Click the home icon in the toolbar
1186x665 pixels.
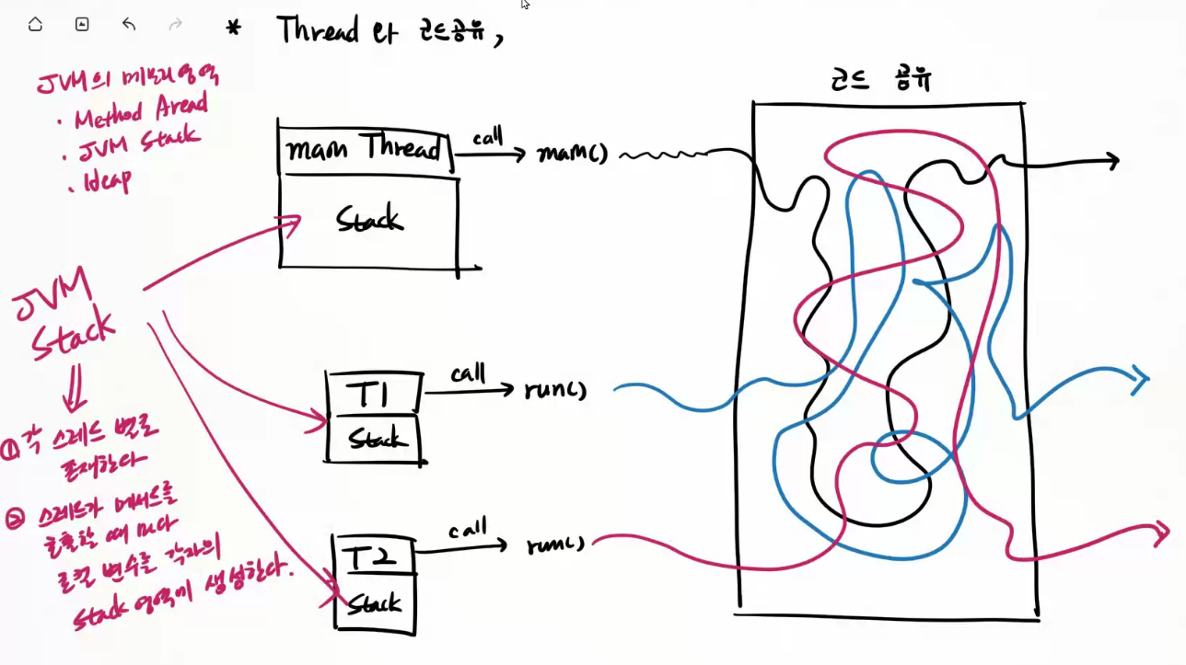click(x=35, y=25)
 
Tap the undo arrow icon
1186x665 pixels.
click(x=128, y=25)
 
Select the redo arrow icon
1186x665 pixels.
click(x=175, y=25)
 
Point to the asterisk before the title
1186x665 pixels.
click(x=234, y=29)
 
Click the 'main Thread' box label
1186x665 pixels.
click(x=366, y=148)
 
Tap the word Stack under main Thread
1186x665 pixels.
click(x=369, y=220)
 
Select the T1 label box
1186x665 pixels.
click(x=375, y=396)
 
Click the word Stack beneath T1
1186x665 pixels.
click(x=378, y=438)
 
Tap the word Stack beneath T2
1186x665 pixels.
click(x=374, y=603)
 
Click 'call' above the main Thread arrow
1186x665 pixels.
click(x=487, y=139)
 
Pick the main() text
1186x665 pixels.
click(x=572, y=154)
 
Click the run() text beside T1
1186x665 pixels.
click(x=554, y=389)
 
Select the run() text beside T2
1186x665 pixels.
click(x=556, y=545)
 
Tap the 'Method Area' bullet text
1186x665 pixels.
click(x=142, y=111)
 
